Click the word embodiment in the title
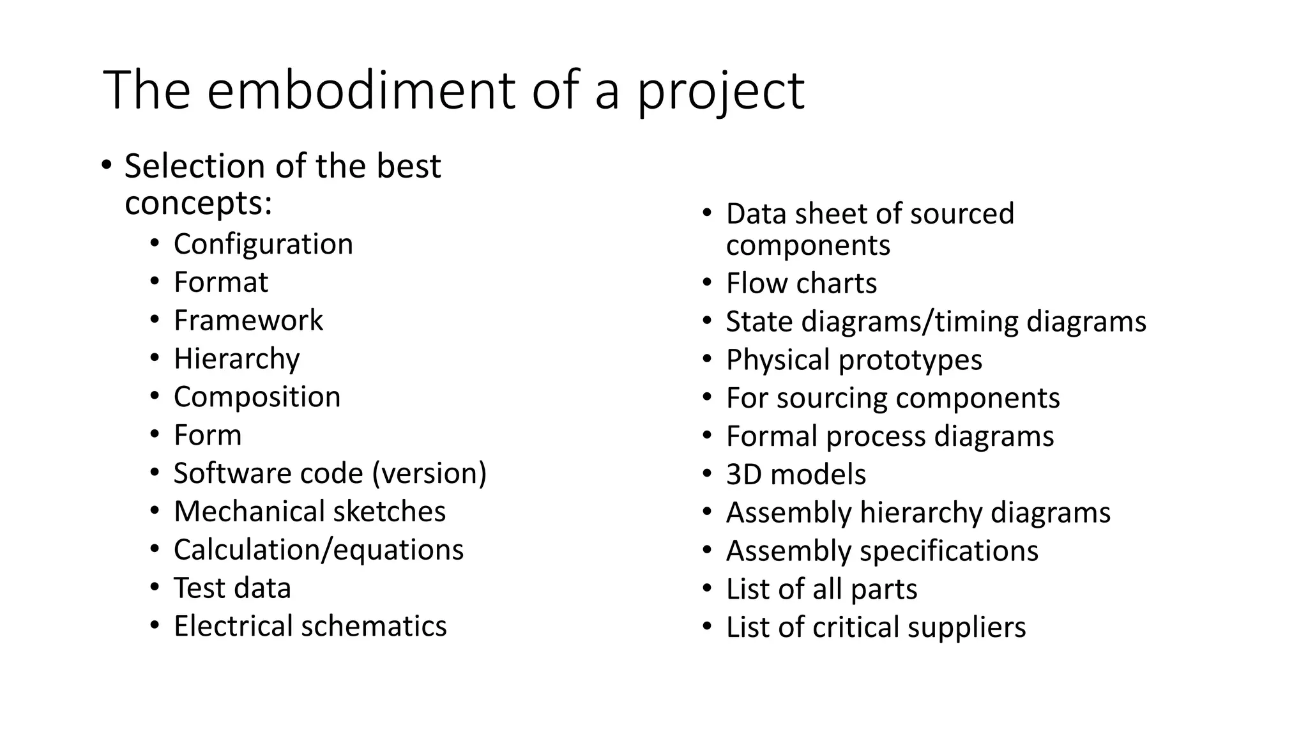[x=361, y=90]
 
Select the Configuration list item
[x=263, y=244]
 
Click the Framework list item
[x=248, y=320]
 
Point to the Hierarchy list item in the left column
[x=236, y=359]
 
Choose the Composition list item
[x=257, y=397]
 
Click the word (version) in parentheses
[x=429, y=473]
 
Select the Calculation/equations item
[x=318, y=549]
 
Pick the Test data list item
[x=232, y=588]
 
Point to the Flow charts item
[x=801, y=283]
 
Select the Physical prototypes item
[x=853, y=360]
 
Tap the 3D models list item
[x=795, y=475]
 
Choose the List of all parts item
[x=821, y=589]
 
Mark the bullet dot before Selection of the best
[x=106, y=165]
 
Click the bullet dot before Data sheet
[x=706, y=213]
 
